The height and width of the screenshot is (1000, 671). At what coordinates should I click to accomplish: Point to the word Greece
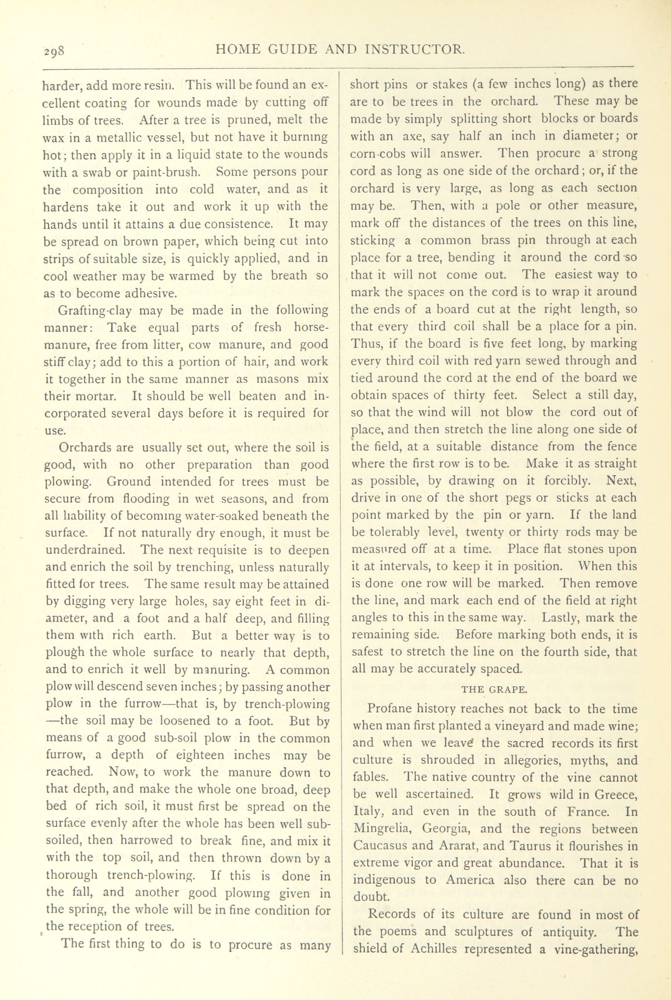614,794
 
